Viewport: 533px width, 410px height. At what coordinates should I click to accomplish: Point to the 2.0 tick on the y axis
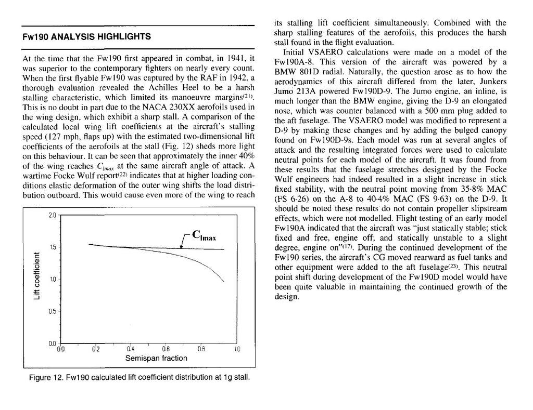click(52, 215)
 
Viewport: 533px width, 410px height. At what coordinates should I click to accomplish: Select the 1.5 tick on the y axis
click(52, 247)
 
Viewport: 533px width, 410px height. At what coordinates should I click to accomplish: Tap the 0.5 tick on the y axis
click(52, 312)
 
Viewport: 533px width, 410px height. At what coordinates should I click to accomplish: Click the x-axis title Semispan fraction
click(149, 359)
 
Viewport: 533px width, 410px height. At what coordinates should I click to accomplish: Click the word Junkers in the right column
click(490, 81)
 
